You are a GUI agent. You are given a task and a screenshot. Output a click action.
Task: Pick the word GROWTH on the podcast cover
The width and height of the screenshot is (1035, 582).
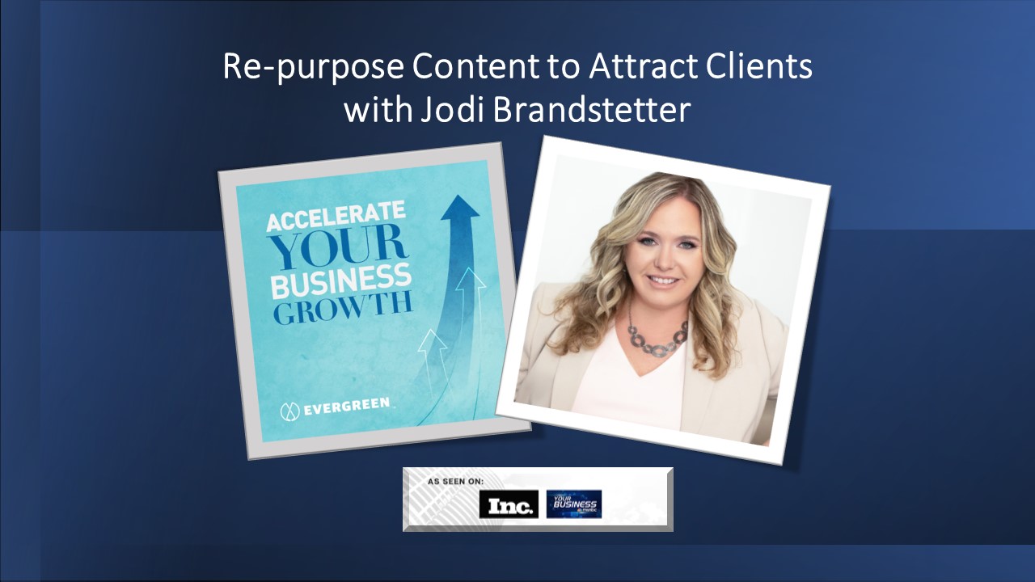[x=343, y=310]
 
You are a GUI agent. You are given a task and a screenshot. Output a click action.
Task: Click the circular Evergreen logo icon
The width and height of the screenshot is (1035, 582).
[x=289, y=411]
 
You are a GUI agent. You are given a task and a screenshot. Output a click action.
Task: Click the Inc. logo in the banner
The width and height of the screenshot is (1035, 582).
[x=509, y=505]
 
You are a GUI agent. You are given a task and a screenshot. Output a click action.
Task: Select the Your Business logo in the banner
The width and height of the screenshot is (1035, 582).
[x=573, y=504]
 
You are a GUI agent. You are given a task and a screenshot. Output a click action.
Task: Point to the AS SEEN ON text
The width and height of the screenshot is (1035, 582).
[x=456, y=482]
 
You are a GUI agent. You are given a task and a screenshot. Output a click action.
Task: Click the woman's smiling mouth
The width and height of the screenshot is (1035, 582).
[x=664, y=279]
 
